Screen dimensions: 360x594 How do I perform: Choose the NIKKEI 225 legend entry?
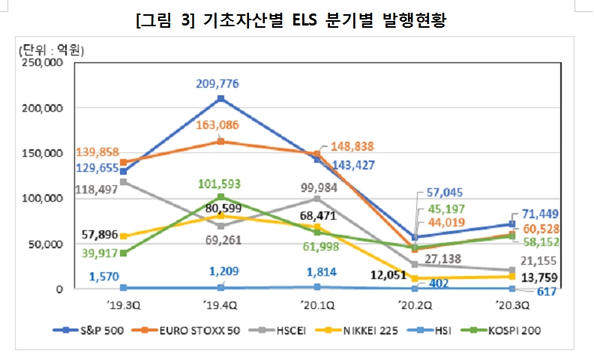[367, 330]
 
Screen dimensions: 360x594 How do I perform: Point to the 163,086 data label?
[220, 124]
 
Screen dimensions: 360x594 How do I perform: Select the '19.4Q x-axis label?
[220, 305]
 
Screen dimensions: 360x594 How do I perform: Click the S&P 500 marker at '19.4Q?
[220, 98]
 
